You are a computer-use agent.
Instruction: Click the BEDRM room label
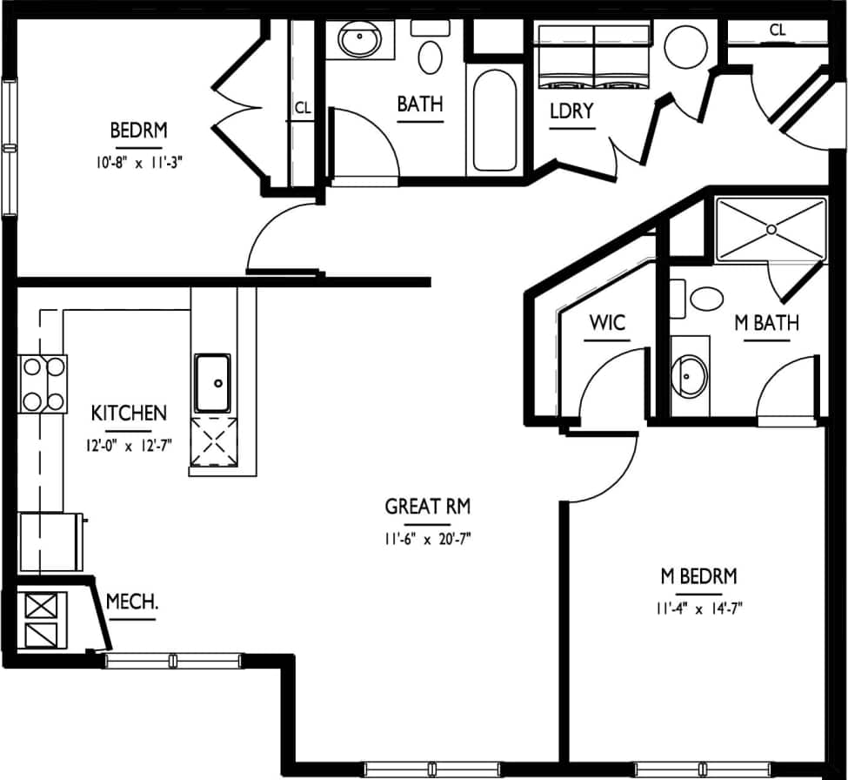[x=138, y=131]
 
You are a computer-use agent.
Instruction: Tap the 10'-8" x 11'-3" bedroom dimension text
[x=138, y=160]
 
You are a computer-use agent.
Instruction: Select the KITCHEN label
[x=130, y=413]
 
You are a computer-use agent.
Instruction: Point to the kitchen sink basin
[x=212, y=382]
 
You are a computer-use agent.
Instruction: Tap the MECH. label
[x=131, y=602]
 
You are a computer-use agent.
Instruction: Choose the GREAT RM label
[x=427, y=507]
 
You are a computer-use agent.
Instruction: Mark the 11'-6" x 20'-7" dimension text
[x=427, y=539]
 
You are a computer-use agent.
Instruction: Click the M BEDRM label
[x=698, y=576]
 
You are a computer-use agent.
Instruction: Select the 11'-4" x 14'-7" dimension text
[x=698, y=609]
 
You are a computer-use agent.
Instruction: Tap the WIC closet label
[x=607, y=323]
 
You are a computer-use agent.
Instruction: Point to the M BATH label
[x=766, y=323]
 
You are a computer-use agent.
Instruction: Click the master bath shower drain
[x=771, y=230]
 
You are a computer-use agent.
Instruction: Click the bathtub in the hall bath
[x=494, y=122]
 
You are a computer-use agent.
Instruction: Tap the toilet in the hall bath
[x=430, y=54]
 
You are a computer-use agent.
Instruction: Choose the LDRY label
[x=571, y=111]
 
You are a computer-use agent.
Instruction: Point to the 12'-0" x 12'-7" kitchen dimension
[x=130, y=446]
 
